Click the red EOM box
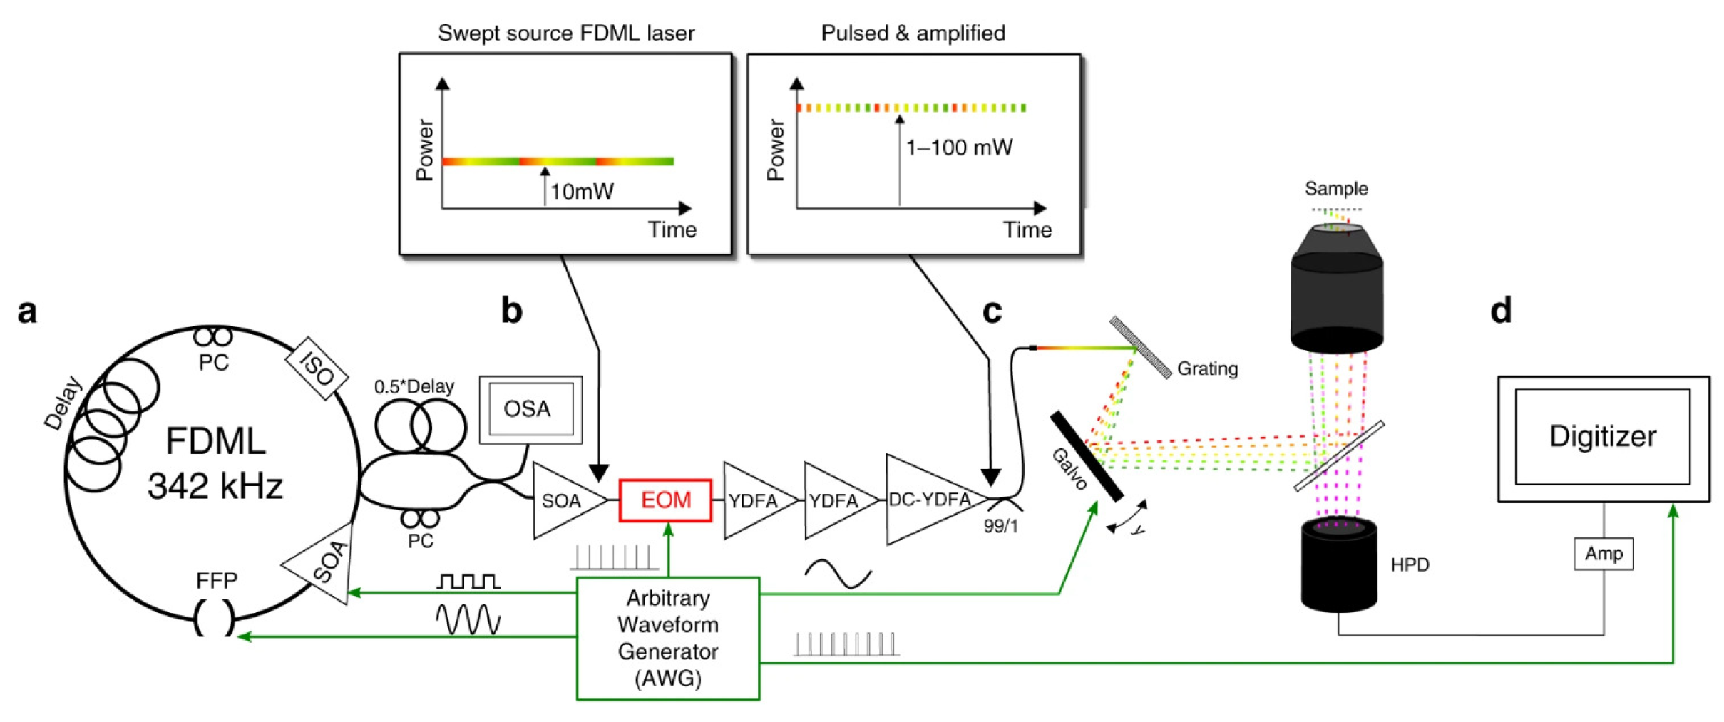(x=665, y=500)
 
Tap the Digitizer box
(x=1602, y=437)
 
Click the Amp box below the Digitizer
(x=1603, y=554)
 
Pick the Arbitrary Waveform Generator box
(x=667, y=638)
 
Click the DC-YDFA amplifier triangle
(x=928, y=500)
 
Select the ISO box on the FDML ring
(x=317, y=368)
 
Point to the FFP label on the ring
(x=216, y=581)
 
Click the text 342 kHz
(x=215, y=486)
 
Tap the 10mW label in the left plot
(x=582, y=191)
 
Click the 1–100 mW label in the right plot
(x=959, y=148)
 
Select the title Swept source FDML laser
(x=566, y=33)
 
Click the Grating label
(x=1207, y=368)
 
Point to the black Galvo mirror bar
(x=1087, y=457)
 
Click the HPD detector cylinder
(x=1338, y=567)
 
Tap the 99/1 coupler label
(x=1000, y=526)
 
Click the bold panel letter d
(x=1501, y=311)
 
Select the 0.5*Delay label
(x=414, y=386)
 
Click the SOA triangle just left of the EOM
(x=563, y=500)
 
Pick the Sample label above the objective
(x=1336, y=189)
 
